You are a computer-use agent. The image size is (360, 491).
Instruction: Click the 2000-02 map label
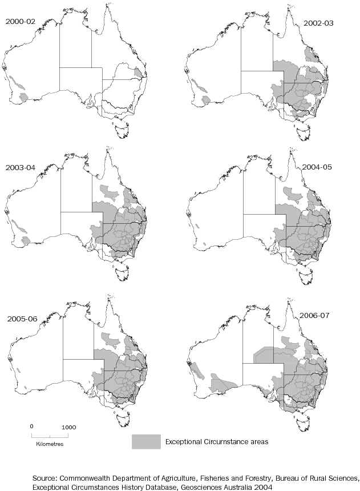pos(19,21)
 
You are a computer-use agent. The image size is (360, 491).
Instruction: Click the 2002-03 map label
pos(318,24)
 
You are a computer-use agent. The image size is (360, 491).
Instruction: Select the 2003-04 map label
pos(20,168)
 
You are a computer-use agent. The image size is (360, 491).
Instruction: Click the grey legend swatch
pos(145,441)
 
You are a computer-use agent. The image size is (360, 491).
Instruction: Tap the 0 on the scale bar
pos(32,426)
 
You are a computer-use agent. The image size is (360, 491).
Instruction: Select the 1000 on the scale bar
pos(68,426)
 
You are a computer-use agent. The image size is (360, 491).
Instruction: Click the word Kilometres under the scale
pos(50,443)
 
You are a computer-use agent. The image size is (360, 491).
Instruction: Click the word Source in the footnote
pos(46,477)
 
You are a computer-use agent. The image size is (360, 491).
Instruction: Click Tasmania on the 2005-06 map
pos(121,424)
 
